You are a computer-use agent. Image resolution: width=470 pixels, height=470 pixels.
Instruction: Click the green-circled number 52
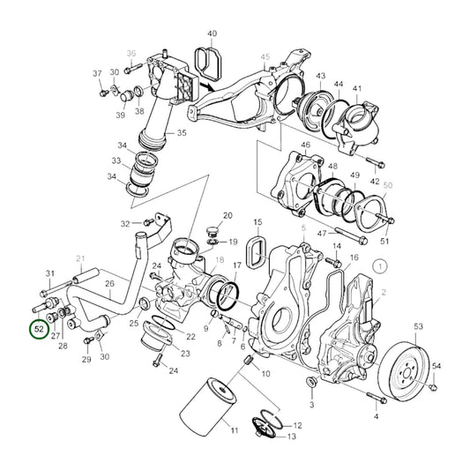[x=40, y=329]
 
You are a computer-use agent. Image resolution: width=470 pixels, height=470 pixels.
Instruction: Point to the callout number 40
[x=212, y=34]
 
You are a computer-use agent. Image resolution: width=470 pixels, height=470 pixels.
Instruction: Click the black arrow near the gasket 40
[x=206, y=86]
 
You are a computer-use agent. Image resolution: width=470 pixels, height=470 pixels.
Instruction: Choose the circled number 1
[x=380, y=266]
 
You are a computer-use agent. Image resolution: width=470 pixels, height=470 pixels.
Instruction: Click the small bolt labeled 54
[x=433, y=387]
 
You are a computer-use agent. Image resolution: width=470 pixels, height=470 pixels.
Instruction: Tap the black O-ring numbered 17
[x=228, y=296]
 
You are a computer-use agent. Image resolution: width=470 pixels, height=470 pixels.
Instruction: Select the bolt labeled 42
[x=376, y=162]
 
